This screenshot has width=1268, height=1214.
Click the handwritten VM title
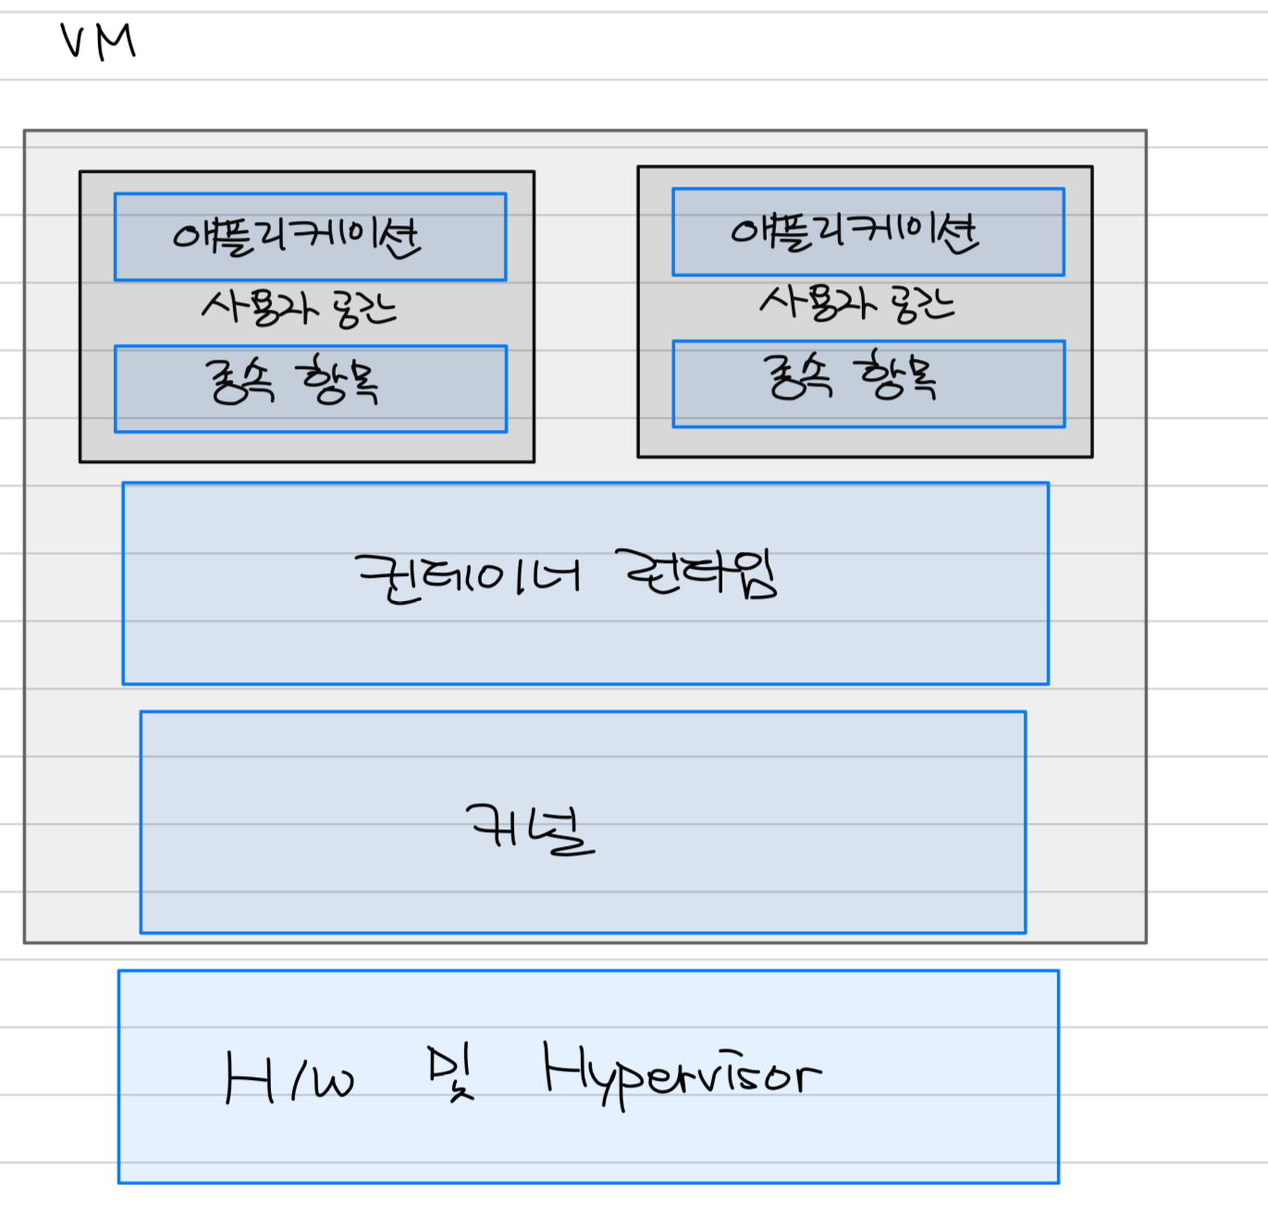click(x=98, y=42)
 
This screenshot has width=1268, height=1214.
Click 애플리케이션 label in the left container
click(x=297, y=237)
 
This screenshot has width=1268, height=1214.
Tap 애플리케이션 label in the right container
click(x=855, y=231)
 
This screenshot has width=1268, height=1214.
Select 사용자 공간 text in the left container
click(x=299, y=308)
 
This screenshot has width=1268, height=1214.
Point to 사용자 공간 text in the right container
click(x=856, y=302)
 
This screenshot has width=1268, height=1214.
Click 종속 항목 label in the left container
click(x=291, y=380)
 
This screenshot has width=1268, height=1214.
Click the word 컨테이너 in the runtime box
click(x=468, y=578)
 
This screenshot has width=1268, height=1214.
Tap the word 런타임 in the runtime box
click(x=696, y=573)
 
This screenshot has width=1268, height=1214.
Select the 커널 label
click(x=530, y=828)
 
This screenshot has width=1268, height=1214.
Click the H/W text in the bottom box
click(x=289, y=1078)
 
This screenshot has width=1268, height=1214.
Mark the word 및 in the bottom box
click(x=450, y=1073)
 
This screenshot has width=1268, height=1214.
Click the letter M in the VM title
click(x=116, y=42)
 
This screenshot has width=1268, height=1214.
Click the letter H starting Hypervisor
click(x=561, y=1068)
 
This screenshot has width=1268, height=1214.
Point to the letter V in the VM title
click(x=74, y=43)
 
